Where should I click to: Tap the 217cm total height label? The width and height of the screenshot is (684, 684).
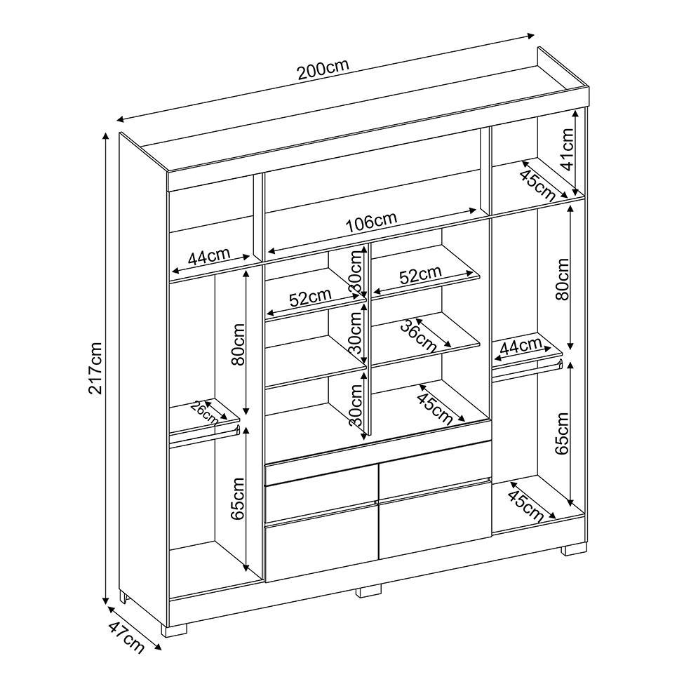pos(95,368)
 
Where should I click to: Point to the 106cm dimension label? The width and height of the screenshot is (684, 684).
pos(371,222)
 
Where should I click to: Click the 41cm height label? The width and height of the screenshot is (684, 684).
pos(567,149)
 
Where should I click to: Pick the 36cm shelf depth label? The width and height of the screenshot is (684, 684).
pos(419,336)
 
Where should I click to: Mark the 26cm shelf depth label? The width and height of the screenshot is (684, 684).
pos(205,412)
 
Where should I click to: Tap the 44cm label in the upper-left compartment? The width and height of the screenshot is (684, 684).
pos(208,256)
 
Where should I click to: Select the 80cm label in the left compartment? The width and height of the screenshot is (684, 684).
pos(238,344)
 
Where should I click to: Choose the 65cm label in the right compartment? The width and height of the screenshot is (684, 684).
pos(563,433)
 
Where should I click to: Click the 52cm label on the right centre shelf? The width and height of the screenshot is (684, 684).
pos(420,274)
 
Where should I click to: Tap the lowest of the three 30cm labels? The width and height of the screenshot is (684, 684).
pos(356,405)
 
